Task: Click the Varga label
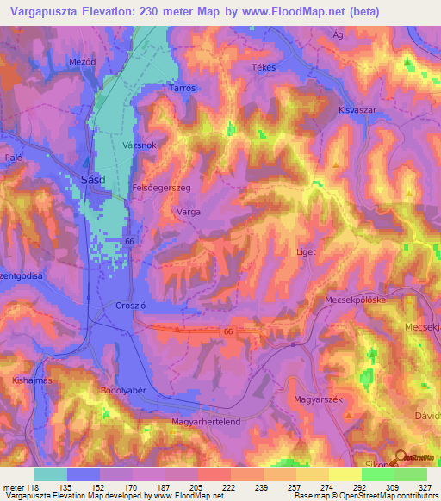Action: point(188,209)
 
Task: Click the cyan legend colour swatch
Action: point(51,474)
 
